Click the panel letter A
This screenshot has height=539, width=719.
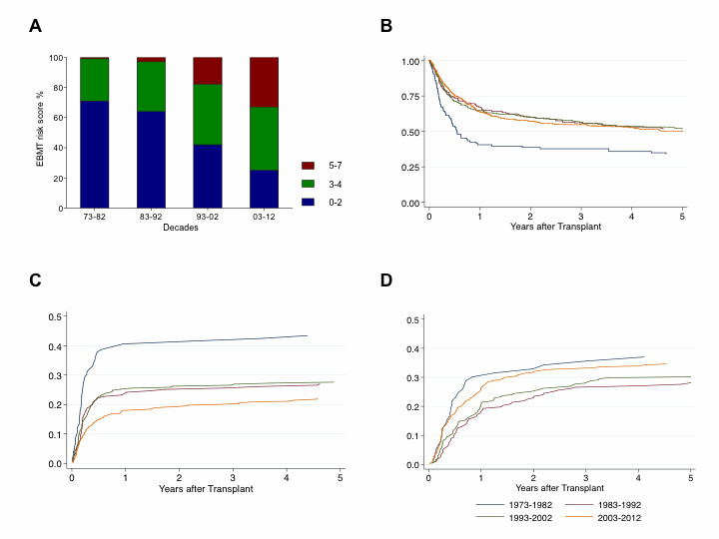click(x=35, y=27)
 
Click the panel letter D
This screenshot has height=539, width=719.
click(x=386, y=279)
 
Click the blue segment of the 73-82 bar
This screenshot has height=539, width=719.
click(x=94, y=154)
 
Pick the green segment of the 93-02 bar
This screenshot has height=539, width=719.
click(x=207, y=114)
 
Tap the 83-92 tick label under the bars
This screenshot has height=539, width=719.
click(x=151, y=217)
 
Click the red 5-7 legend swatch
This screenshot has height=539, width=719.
click(x=309, y=165)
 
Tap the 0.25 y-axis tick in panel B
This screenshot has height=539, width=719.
click(x=410, y=168)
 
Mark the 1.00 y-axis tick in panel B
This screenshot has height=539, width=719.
click(x=410, y=62)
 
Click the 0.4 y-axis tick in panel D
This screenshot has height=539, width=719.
click(x=411, y=348)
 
